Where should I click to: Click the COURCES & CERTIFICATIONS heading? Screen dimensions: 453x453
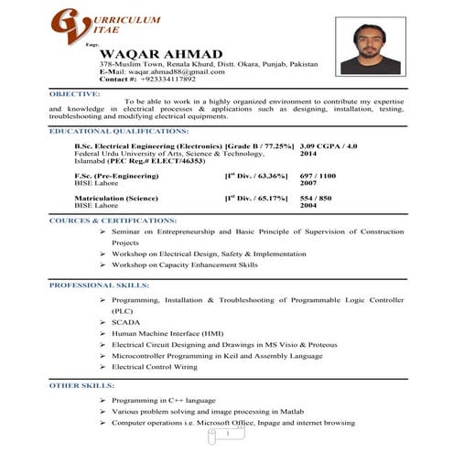(x=101, y=221)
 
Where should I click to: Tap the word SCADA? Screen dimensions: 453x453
(x=125, y=322)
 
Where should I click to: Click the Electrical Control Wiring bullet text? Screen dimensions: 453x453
(x=154, y=366)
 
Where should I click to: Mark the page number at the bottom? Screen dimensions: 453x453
(x=226, y=437)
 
